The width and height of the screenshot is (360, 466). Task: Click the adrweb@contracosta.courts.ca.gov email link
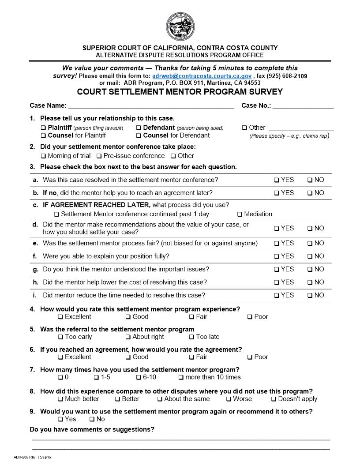(202, 76)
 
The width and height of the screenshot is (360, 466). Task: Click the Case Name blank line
(151, 106)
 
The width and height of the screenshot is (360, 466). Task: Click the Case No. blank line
(303, 106)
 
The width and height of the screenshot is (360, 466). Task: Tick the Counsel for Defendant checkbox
(139, 136)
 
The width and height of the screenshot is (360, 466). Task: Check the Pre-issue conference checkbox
(99, 156)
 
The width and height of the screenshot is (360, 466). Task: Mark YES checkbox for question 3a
(276, 180)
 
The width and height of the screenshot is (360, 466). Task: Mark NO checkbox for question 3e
(310, 244)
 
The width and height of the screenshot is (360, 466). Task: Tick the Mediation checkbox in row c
(240, 214)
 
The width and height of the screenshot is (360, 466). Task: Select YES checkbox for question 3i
(276, 296)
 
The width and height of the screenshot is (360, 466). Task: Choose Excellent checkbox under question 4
(60, 317)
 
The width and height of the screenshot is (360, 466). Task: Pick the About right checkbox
(128, 337)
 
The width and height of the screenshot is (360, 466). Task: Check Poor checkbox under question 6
(250, 357)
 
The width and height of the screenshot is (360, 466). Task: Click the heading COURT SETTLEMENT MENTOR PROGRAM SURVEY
(180, 92)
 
